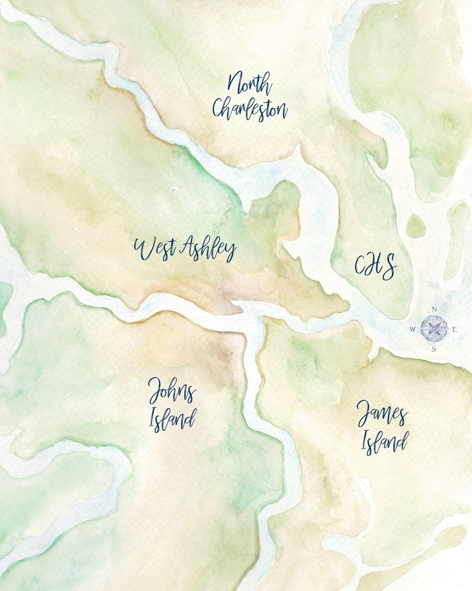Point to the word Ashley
point(209,248)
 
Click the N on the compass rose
point(434,309)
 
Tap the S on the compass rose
point(434,349)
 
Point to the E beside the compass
point(455,330)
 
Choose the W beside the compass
point(413,329)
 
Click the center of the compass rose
point(434,328)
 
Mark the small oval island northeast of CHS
point(416,226)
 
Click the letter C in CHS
point(361,265)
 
